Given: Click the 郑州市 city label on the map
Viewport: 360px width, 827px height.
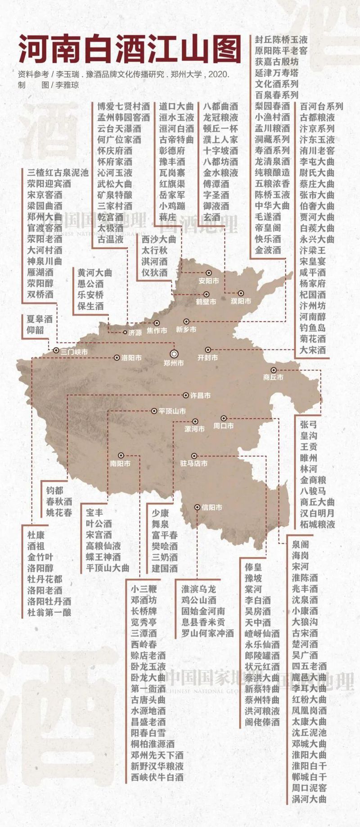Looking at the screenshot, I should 174,363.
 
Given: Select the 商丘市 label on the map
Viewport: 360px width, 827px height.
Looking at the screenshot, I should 274,377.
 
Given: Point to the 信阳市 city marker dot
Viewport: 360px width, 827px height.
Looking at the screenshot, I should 198,507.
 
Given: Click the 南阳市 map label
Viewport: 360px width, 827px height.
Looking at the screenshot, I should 120,463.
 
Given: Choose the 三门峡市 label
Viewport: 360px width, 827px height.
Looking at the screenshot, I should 75,351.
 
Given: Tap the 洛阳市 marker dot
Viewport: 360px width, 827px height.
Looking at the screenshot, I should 117,358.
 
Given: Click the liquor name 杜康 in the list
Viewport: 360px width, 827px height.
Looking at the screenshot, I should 36,535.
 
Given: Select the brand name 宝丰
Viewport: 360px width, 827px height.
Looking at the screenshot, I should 94,512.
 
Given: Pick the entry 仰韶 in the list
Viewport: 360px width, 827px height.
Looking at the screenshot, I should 36,330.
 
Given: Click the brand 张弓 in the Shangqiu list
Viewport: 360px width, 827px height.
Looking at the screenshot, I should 309,425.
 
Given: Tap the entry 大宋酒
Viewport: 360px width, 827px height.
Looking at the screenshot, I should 313,350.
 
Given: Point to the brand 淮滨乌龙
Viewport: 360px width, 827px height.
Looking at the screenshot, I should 198,589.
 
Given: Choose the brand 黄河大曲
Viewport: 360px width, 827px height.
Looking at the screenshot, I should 95,273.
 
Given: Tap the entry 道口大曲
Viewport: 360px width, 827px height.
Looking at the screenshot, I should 176,107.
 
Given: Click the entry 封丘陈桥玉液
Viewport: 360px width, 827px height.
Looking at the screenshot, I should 281,40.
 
